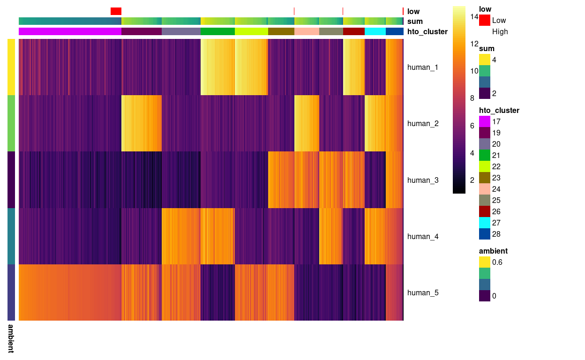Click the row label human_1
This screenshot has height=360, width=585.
pyautogui.click(x=422, y=67)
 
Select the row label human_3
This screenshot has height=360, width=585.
pyautogui.click(x=422, y=180)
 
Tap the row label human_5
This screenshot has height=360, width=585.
pyautogui.click(x=422, y=293)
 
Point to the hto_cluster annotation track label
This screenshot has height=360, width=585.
pyautogui.click(x=427, y=32)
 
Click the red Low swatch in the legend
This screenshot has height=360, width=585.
pyautogui.click(x=485, y=20)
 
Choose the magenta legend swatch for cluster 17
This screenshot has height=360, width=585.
pyautogui.click(x=485, y=121)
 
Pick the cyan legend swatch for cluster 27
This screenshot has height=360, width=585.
pyautogui.click(x=485, y=223)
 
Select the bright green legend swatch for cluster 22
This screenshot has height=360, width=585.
pyautogui.click(x=485, y=166)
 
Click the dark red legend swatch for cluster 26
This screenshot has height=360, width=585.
pyautogui.click(x=485, y=211)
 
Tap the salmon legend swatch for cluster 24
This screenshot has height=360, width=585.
pyautogui.click(x=485, y=189)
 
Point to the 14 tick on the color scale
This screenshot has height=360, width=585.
pyautogui.click(x=474, y=17)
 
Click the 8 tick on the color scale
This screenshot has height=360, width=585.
pyautogui.click(x=472, y=98)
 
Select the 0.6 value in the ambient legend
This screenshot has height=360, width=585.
pyautogui.click(x=497, y=262)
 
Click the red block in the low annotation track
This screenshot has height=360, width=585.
pyautogui.click(x=116, y=11)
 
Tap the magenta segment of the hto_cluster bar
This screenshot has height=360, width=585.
pyautogui.click(x=70, y=31)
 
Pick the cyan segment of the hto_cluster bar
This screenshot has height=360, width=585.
pyautogui.click(x=375, y=31)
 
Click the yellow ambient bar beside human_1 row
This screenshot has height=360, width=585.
pyautogui.click(x=11, y=67)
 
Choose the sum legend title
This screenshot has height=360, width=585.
pyautogui.click(x=487, y=49)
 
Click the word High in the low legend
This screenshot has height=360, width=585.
pyautogui.click(x=500, y=32)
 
